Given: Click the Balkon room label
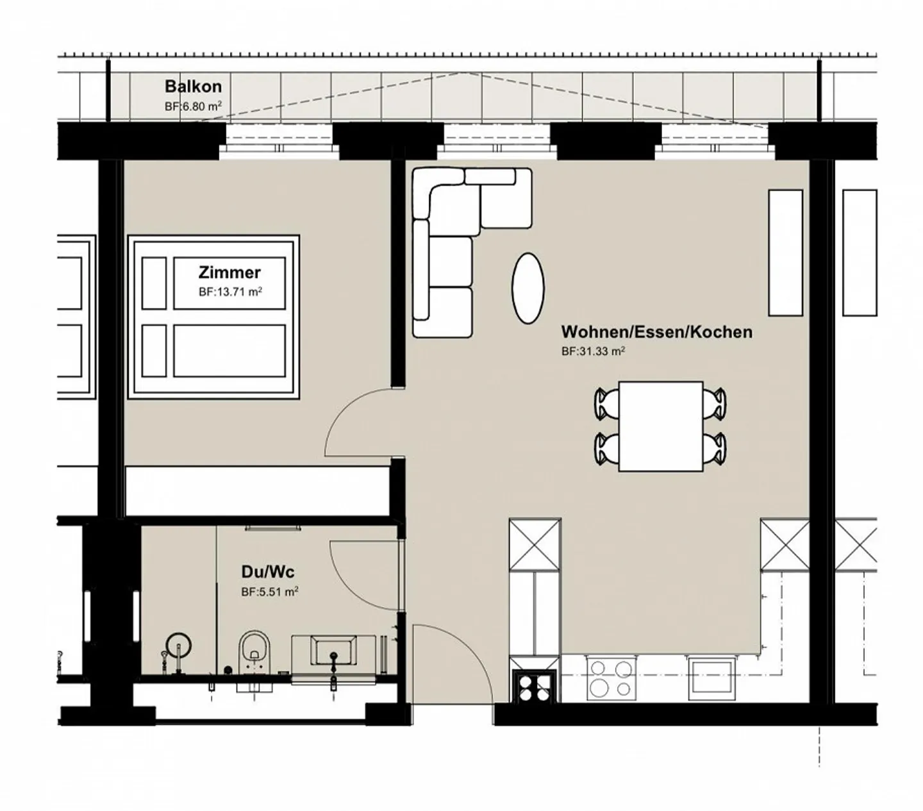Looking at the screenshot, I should point(193,87).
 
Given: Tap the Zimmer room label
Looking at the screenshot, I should point(229,272).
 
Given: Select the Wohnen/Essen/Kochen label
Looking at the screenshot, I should point(656,332).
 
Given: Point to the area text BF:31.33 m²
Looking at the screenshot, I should point(593,351).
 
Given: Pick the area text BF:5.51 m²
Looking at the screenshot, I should point(269,592).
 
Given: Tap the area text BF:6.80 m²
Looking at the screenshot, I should point(193,106).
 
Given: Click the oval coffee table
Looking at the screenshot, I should point(528,288).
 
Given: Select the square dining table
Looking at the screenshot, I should point(661,426).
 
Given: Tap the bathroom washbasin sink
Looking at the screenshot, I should point(333,651).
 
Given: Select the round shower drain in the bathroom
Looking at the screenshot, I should point(179,644).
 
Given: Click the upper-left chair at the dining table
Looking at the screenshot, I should point(606,404).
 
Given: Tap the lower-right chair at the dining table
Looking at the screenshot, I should point(715,447).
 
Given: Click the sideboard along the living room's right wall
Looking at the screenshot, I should point(785,253).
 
